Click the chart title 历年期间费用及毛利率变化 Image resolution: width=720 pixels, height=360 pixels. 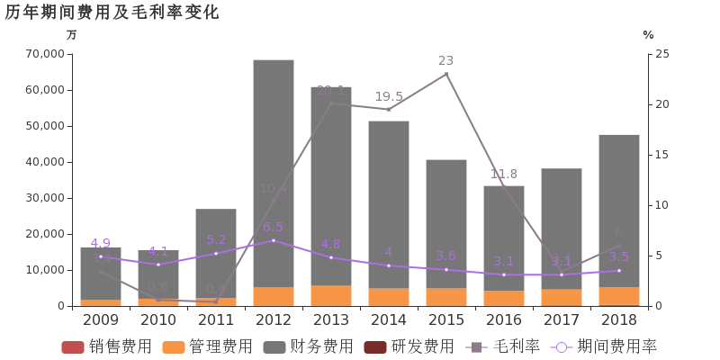pos(112,12)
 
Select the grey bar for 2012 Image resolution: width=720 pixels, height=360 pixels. pos(274,171)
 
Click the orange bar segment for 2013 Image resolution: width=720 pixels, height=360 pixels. pos(331,295)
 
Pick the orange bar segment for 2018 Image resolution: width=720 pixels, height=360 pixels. pos(619,296)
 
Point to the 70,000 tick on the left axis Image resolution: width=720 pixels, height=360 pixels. pos(46,54)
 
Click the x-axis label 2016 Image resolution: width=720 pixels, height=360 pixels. pos(504,319)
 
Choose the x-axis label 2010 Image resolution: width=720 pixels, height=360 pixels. pos(158,319)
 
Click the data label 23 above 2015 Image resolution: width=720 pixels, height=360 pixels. pos(446,60)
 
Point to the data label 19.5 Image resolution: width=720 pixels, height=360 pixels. pos(389,96)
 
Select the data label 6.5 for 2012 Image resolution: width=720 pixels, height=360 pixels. pos(274,227)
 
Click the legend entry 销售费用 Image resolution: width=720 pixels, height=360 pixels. pos(107,346)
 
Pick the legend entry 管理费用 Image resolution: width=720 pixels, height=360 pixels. pos(208,346)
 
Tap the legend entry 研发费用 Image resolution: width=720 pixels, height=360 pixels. pos(409,346)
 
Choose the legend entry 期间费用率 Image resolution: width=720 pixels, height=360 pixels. pos(605,346)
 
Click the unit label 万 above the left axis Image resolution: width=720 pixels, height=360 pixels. pos(72,35)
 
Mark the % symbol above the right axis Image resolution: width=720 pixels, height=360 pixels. pos(648,35)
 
